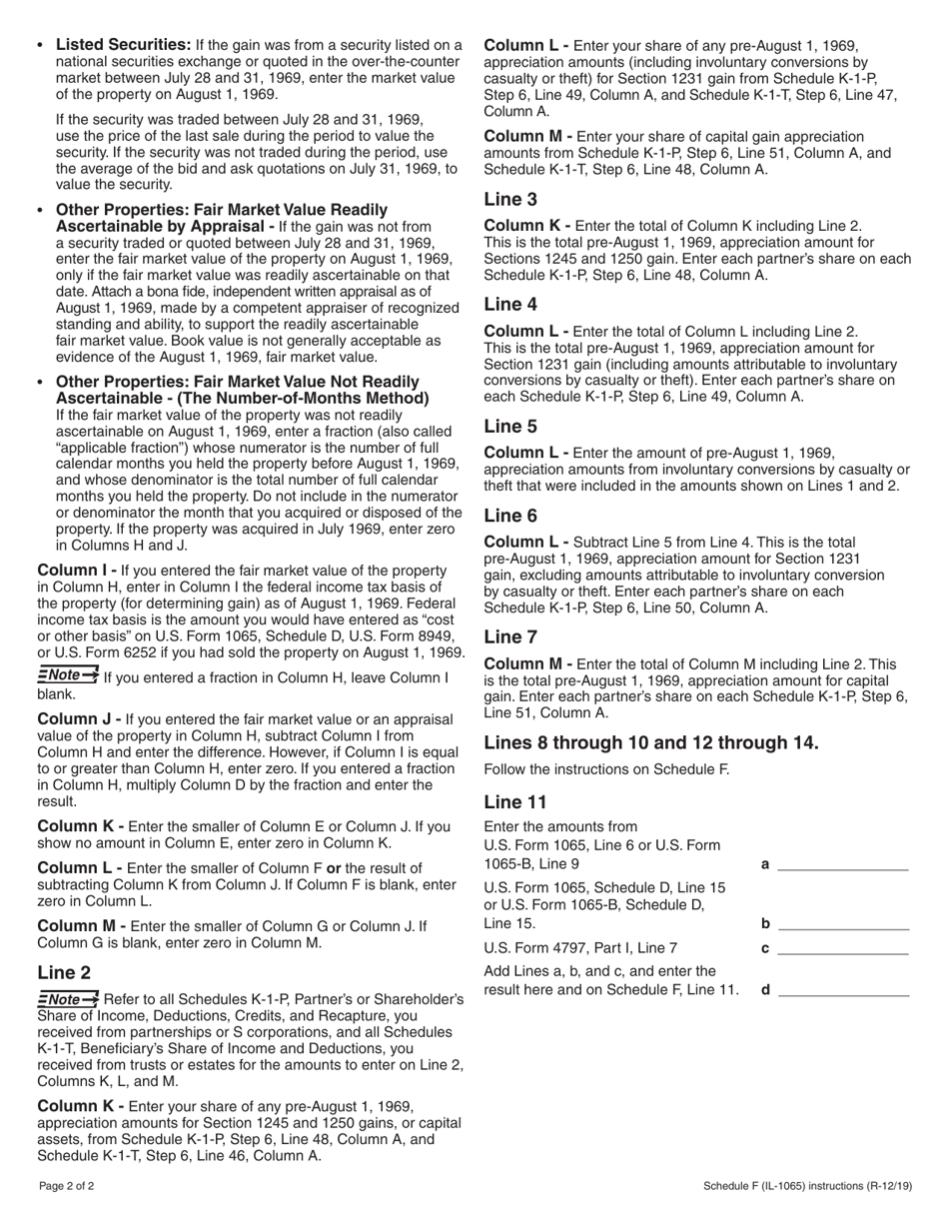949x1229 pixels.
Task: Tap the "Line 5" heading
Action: (510, 426)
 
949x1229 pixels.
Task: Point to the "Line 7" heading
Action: (510, 636)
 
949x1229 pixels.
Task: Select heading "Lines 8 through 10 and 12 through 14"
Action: (651, 742)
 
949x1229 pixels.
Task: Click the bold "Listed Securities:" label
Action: (123, 45)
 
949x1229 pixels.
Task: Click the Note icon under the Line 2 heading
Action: (68, 999)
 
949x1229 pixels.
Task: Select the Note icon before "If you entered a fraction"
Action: (68, 676)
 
